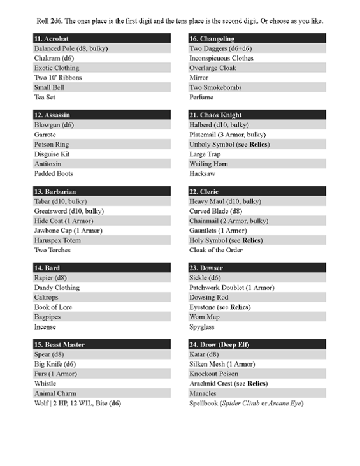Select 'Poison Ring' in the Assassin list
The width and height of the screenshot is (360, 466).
pyautogui.click(x=52, y=145)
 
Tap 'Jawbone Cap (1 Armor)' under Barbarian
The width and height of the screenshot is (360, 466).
pyautogui.click(x=68, y=231)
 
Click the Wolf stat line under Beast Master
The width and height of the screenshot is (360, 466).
pyautogui.click(x=78, y=403)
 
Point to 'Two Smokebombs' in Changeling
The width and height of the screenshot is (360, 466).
pyautogui.click(x=215, y=87)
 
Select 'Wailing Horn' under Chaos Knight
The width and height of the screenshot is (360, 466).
pyautogui.click(x=210, y=164)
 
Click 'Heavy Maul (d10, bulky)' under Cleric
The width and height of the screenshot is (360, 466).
pyautogui.click(x=225, y=201)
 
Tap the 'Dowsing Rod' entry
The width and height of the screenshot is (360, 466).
pyautogui.click(x=209, y=298)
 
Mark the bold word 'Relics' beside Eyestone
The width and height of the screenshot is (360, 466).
pyautogui.click(x=240, y=307)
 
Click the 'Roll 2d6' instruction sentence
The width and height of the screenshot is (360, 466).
pyautogui.click(x=179, y=20)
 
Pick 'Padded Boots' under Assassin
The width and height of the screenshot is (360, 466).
pyautogui.click(x=54, y=173)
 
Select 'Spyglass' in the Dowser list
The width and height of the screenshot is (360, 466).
pyautogui.click(x=203, y=326)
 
